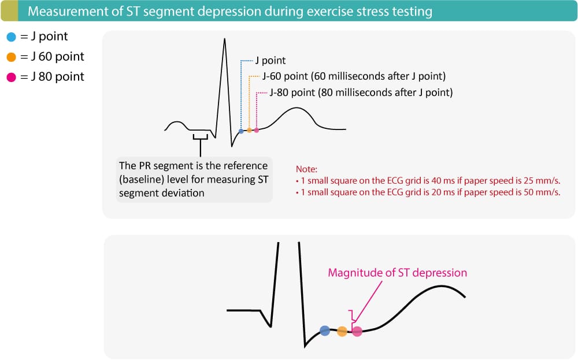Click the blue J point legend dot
click(x=12, y=37)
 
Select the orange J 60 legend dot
click(x=12, y=57)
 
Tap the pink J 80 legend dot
click(x=12, y=77)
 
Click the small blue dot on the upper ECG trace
click(x=241, y=131)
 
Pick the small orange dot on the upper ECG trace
click(x=249, y=131)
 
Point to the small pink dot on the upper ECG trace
click(x=257, y=131)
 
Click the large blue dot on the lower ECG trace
click(x=325, y=331)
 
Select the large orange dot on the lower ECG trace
click(x=342, y=331)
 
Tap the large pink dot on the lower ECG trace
click(x=357, y=331)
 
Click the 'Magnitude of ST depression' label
click(x=397, y=273)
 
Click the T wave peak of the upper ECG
click(x=295, y=108)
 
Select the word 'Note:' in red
click(x=306, y=169)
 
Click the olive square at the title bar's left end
click(x=9, y=11)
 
